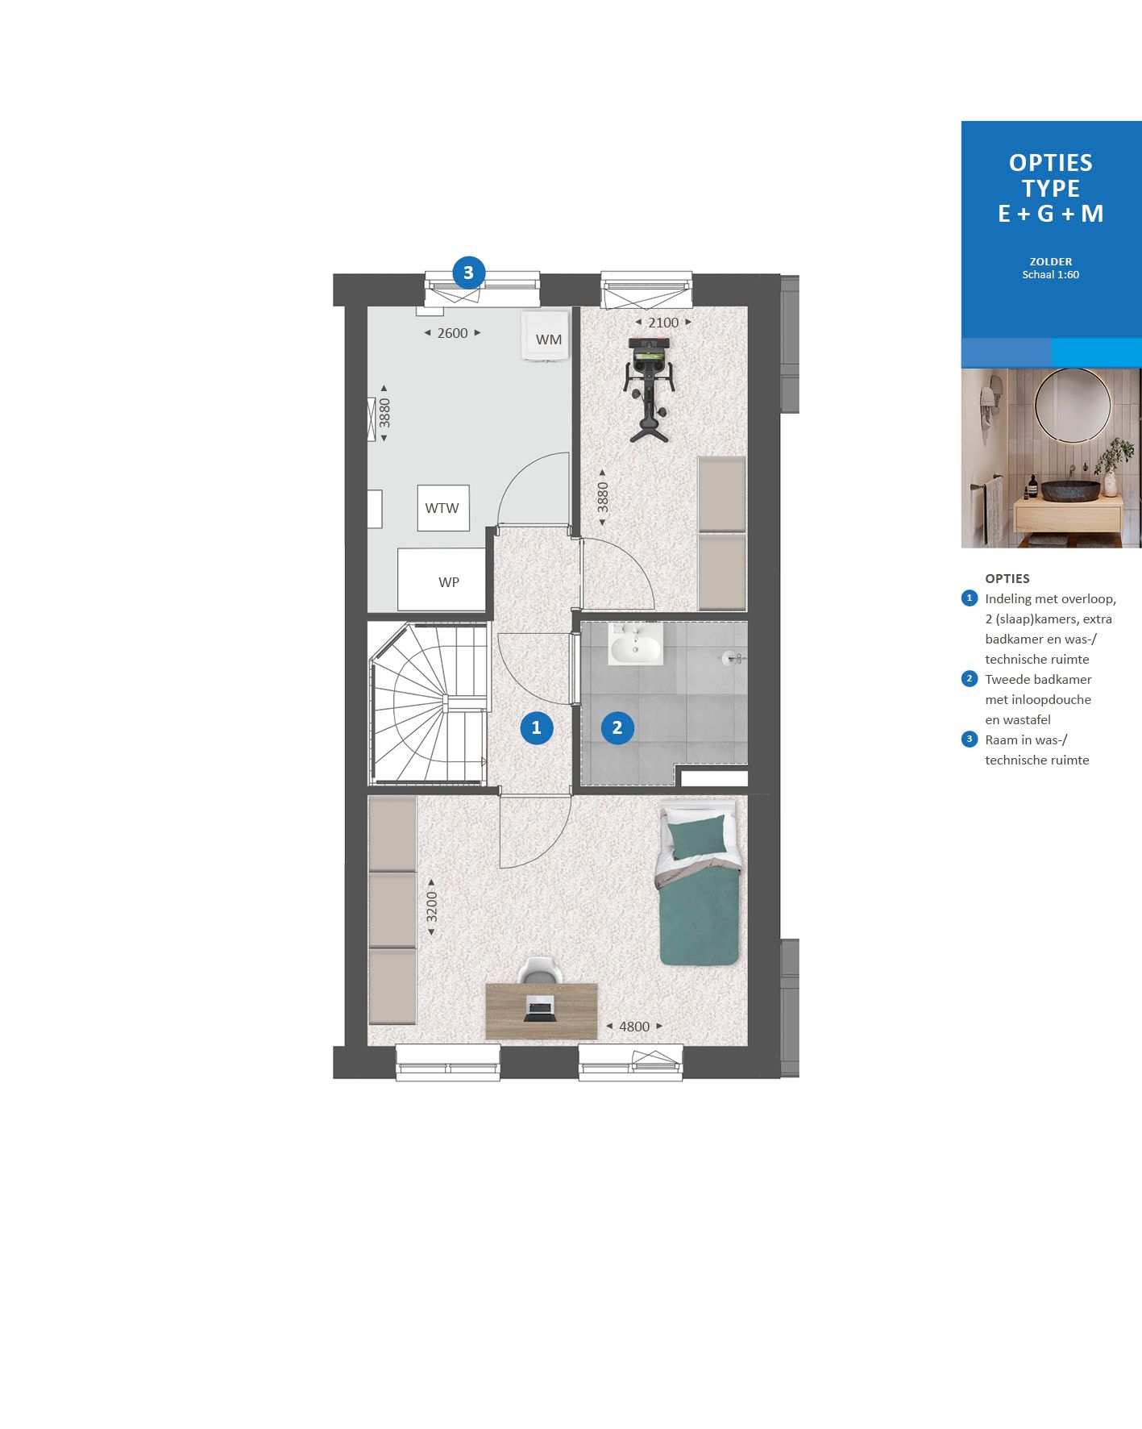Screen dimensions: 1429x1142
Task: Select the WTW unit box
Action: (x=442, y=507)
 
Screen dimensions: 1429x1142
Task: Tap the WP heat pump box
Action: (x=442, y=580)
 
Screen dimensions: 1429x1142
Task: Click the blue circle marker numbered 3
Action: (x=468, y=273)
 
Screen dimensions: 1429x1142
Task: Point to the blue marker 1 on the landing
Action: (x=536, y=728)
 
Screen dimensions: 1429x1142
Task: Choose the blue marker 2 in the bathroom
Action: (x=617, y=728)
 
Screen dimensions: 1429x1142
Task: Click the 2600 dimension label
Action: (x=452, y=333)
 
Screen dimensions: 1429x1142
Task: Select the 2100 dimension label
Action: (x=663, y=323)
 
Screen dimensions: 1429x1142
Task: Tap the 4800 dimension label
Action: (x=633, y=1027)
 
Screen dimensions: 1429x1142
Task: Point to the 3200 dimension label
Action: (x=432, y=907)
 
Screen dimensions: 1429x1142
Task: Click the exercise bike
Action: (x=649, y=387)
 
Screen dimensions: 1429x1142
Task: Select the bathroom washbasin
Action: (x=635, y=645)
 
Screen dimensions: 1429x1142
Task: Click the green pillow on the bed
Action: (x=698, y=837)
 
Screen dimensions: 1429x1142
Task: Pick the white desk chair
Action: (x=539, y=970)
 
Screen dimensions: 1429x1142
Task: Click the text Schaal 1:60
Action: (x=1050, y=275)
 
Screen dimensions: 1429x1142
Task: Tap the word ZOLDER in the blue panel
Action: (x=1050, y=261)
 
